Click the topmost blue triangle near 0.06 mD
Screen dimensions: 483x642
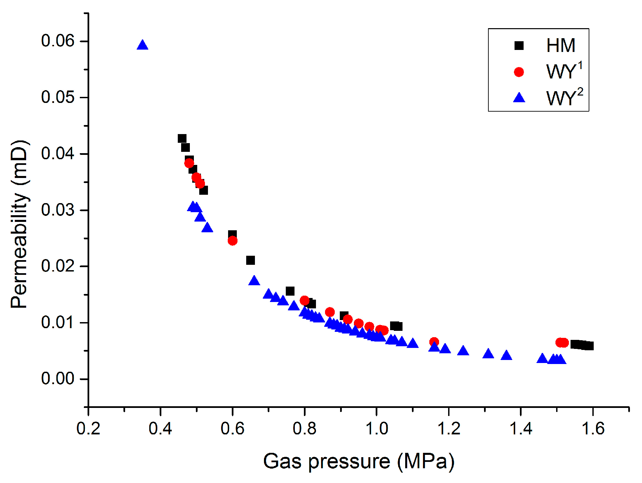pos(142,45)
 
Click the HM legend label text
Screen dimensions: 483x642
pos(560,46)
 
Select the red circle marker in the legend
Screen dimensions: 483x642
pos(519,72)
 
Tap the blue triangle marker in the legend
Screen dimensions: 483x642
pos(519,98)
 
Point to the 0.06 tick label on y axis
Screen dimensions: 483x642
pos(57,41)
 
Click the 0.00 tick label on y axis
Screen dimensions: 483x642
pos(57,379)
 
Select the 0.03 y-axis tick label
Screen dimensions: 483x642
pos(57,210)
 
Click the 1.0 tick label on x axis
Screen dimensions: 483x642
pos(376,429)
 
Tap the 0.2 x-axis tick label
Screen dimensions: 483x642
pos(88,429)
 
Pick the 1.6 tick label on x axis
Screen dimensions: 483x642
pos(593,429)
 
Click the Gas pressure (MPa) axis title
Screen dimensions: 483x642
pos(359,461)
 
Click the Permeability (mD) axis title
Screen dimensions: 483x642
pos(19,224)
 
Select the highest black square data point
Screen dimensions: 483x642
pos(182,138)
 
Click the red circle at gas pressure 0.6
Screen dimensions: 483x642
pos(232,241)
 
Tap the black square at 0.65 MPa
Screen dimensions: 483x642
pos(250,260)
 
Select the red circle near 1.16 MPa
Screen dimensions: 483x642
pos(434,342)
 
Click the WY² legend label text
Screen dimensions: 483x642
pos(564,98)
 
